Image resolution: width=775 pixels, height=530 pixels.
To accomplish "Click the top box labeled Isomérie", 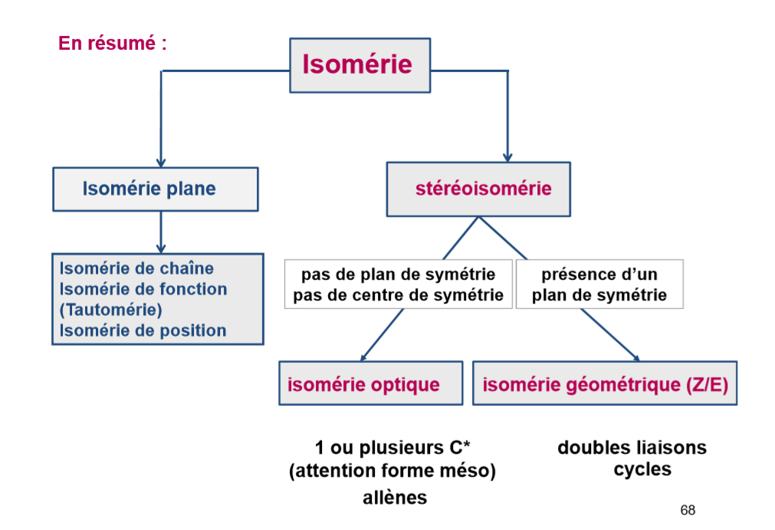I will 359,65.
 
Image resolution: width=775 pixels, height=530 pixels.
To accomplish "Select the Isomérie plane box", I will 155,189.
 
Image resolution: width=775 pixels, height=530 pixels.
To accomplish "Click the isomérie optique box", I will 370,384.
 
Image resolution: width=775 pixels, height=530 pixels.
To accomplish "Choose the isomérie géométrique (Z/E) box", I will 605,384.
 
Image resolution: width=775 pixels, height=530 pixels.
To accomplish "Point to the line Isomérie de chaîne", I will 136,268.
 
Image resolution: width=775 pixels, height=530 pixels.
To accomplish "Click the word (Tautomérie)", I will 110,310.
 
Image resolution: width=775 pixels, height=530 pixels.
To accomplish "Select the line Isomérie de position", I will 143,331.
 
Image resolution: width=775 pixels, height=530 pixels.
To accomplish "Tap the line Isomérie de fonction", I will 143,289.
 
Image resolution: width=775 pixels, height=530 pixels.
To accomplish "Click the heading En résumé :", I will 113,44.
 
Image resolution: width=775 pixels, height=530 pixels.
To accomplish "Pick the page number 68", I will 687,511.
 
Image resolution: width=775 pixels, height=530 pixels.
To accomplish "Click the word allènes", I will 395,497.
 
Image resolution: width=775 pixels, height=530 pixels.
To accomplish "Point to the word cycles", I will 642,469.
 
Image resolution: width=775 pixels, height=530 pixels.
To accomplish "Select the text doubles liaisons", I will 632,447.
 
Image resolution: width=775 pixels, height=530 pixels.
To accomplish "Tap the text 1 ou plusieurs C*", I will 392,448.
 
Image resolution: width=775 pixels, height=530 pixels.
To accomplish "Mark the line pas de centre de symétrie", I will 399,295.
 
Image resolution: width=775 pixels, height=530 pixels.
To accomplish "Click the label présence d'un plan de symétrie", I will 599,285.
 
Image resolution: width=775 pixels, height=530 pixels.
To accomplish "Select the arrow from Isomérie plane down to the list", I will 160,232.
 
